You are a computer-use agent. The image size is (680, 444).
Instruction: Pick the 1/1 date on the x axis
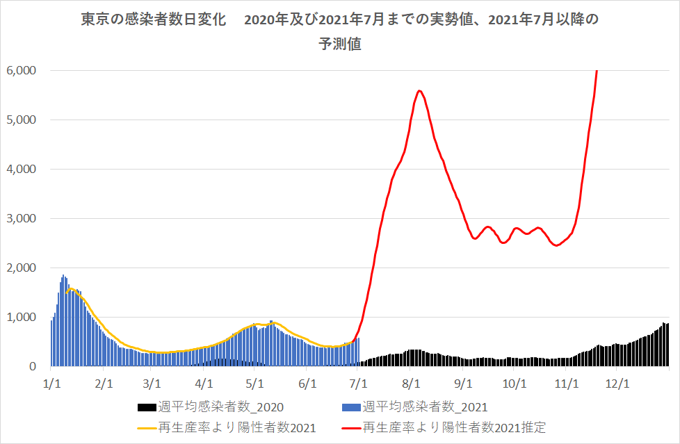click(x=51, y=382)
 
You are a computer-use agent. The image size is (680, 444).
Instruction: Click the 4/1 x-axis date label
click(x=204, y=382)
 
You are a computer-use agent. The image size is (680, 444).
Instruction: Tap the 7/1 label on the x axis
click(x=359, y=382)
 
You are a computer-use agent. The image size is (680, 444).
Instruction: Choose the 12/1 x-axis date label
click(x=618, y=382)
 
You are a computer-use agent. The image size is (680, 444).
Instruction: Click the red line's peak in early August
click(x=419, y=90)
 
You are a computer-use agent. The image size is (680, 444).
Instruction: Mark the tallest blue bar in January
click(x=63, y=275)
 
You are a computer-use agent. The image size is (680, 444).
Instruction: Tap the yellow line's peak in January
click(x=71, y=288)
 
